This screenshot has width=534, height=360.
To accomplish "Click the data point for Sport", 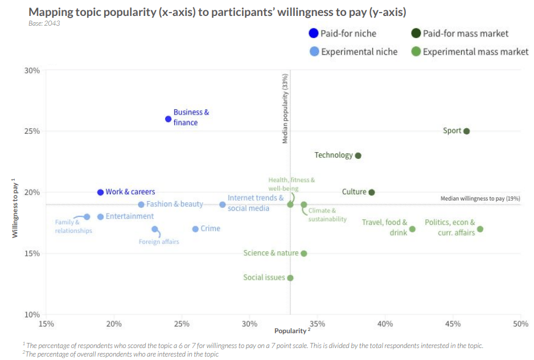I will (x=466, y=131).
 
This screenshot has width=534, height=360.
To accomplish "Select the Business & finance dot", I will (x=169, y=119).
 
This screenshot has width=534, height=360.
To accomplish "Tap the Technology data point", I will (x=358, y=156).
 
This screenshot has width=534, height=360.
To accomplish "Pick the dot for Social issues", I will (x=290, y=278).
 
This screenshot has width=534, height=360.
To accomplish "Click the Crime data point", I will (x=195, y=229).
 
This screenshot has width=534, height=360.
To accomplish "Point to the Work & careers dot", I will (x=101, y=193).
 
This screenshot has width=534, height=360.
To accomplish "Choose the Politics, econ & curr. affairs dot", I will (x=480, y=229).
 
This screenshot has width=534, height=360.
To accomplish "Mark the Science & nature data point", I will (x=304, y=253).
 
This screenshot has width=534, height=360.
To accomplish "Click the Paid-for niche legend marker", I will (x=313, y=34).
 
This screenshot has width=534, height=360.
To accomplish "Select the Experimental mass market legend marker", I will (x=416, y=52).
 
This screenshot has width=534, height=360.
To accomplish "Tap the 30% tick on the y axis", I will (x=32, y=71).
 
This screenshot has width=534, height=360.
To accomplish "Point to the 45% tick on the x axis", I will (x=453, y=324).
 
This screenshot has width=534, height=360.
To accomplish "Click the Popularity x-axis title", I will (x=291, y=331).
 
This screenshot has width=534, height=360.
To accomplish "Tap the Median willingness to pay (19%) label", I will (x=480, y=198).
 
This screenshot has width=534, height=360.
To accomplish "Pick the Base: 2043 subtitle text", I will (x=44, y=23).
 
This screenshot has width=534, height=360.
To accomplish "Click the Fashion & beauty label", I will (x=175, y=204).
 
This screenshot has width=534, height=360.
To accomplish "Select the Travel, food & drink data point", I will (x=412, y=229).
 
